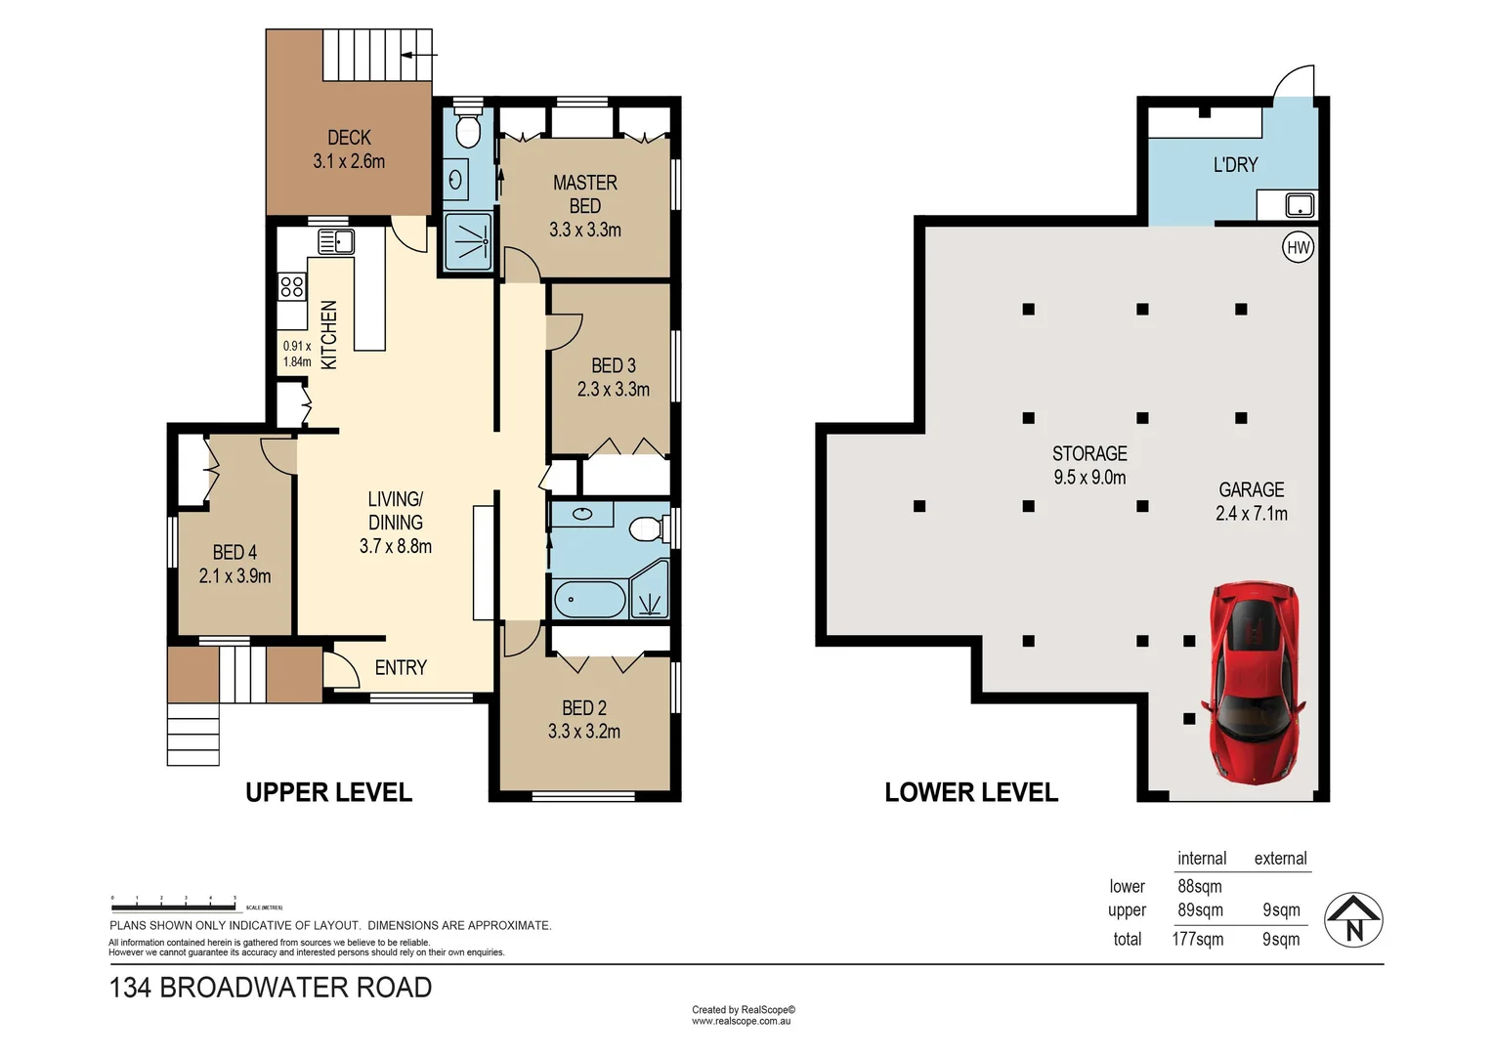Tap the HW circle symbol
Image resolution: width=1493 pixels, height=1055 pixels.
1298,247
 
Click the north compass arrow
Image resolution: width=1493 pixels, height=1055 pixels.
1353,919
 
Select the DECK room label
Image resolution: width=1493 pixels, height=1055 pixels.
349,138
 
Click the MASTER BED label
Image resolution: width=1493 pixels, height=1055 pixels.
584,194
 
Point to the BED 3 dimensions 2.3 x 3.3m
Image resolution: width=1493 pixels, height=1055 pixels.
613,389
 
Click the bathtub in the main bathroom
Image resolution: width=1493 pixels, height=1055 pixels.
589,599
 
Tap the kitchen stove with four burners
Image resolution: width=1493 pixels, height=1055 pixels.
291,286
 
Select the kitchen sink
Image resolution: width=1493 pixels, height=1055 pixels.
335,240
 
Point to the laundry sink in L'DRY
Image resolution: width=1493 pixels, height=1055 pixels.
1300,205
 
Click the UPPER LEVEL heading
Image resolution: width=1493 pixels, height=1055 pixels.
328,792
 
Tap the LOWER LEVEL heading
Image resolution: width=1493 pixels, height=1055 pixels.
971,792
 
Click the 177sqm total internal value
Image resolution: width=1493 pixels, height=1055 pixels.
1197,940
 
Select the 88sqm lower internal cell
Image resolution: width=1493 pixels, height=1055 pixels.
1199,886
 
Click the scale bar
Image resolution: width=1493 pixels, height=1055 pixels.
174,907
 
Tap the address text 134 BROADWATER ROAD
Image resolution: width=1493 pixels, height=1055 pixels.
271,988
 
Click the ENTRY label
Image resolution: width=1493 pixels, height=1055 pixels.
401,667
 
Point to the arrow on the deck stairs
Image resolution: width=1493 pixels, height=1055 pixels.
419,55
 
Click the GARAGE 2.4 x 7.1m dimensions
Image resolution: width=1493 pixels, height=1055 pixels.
1251,514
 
